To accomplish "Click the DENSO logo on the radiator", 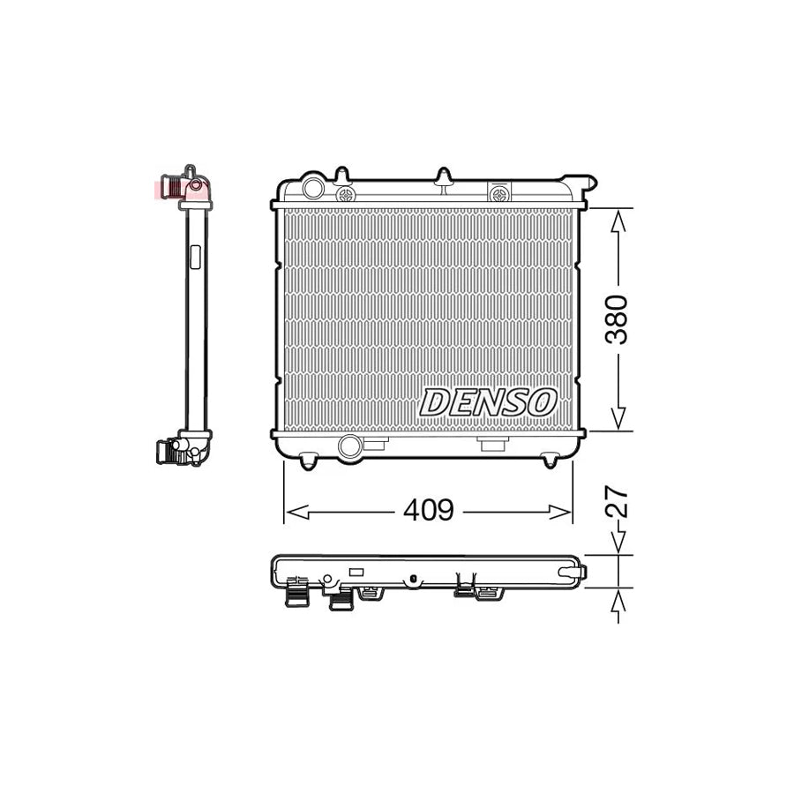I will [x=488, y=402].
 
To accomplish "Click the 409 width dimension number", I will [x=428, y=510].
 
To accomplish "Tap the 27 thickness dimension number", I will [x=620, y=501].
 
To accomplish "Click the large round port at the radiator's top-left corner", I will [x=312, y=189].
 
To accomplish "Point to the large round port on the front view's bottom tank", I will [x=349, y=446].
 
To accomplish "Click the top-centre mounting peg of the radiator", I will [x=445, y=176].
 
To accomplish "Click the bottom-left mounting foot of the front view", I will [x=308, y=461].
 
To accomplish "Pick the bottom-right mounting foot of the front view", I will [x=550, y=461].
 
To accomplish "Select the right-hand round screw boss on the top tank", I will [x=500, y=191].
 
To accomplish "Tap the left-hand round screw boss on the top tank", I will [x=346, y=191].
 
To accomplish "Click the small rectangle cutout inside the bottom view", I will [x=356, y=572].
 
